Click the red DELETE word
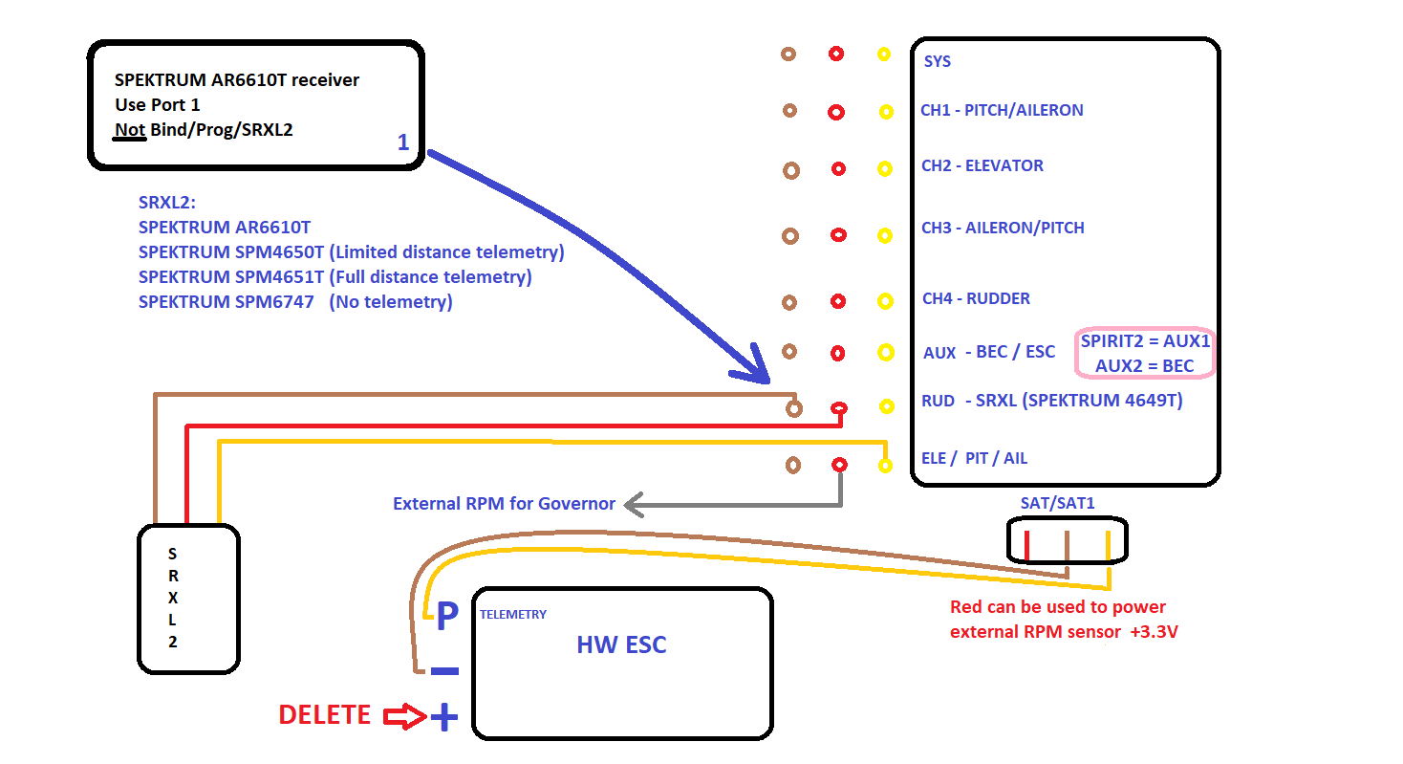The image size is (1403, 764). [324, 715]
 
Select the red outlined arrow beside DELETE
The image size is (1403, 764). [405, 716]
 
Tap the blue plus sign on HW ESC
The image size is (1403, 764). [443, 717]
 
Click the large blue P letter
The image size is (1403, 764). [447, 618]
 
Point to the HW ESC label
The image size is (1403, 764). [621, 644]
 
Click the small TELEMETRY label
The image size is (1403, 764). [513, 615]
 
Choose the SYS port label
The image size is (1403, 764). [938, 61]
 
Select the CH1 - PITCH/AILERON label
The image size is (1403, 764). [1002, 110]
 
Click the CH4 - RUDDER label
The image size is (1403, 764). [976, 298]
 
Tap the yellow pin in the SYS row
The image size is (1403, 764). [884, 55]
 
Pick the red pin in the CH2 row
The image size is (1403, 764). [838, 169]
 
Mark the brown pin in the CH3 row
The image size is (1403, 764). [790, 235]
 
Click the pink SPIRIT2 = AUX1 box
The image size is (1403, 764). [1146, 354]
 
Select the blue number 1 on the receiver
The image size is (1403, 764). [403, 142]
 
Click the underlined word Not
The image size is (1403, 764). [129, 130]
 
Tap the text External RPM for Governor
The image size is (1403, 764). [504, 503]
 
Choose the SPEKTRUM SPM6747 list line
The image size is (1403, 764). [295, 302]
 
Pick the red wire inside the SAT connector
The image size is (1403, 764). [1026, 544]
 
